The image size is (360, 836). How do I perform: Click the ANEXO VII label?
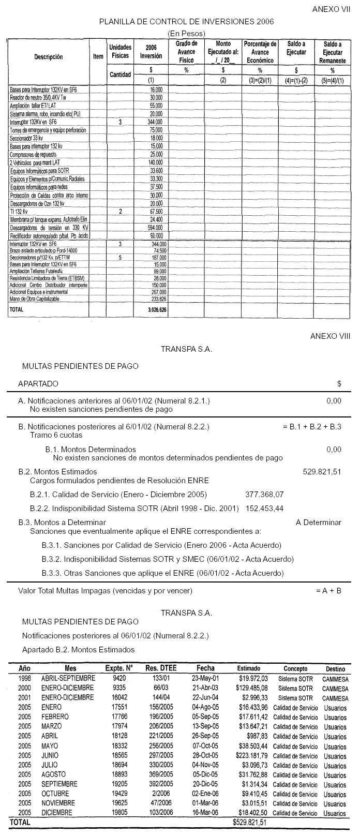[x=332, y=10]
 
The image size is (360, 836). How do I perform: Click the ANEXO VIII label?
[x=330, y=336]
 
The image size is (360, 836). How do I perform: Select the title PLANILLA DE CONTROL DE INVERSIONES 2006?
[x=186, y=22]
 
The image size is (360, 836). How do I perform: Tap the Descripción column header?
[x=49, y=57]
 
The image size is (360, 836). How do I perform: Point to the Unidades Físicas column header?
[x=120, y=51]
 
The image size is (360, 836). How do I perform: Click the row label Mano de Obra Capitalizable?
[x=35, y=299]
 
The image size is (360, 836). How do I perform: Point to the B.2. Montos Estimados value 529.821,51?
[x=322, y=471]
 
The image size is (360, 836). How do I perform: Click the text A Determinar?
[x=318, y=522]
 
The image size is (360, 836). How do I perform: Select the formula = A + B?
[x=328, y=590]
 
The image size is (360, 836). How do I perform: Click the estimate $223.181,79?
[x=249, y=755]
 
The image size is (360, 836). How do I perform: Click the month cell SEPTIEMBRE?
[x=59, y=784]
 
